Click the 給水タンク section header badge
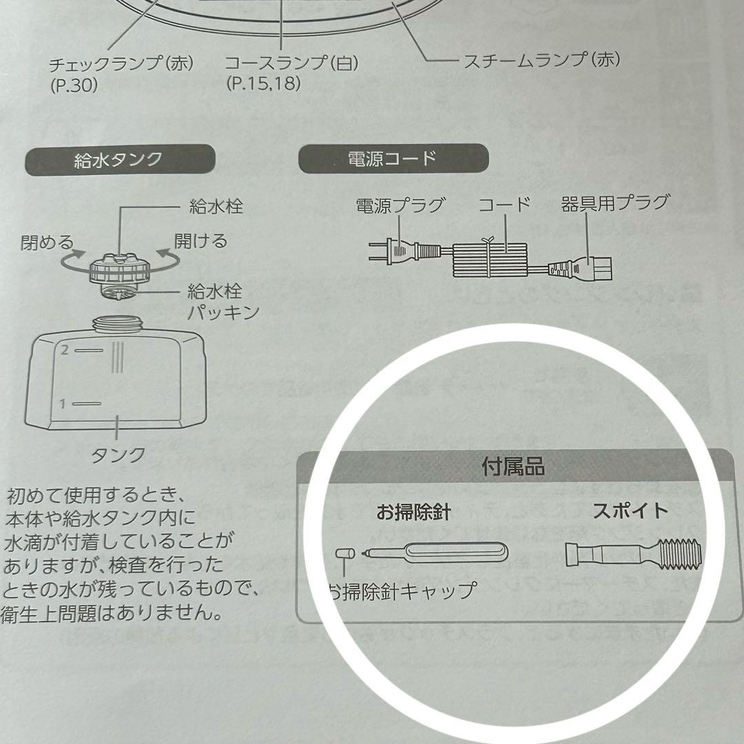pyautogui.click(x=118, y=160)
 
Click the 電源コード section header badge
pyautogui.click(x=393, y=158)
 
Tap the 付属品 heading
pyautogui.click(x=513, y=466)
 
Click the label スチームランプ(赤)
pyautogui.click(x=541, y=60)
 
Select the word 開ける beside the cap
pyautogui.click(x=200, y=240)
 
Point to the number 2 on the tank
pyautogui.click(x=64, y=350)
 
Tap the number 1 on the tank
pyautogui.click(x=63, y=404)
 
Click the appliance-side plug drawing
pyautogui.click(x=580, y=267)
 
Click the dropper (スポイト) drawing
pyautogui.click(x=633, y=554)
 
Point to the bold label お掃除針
pyautogui.click(x=413, y=513)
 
